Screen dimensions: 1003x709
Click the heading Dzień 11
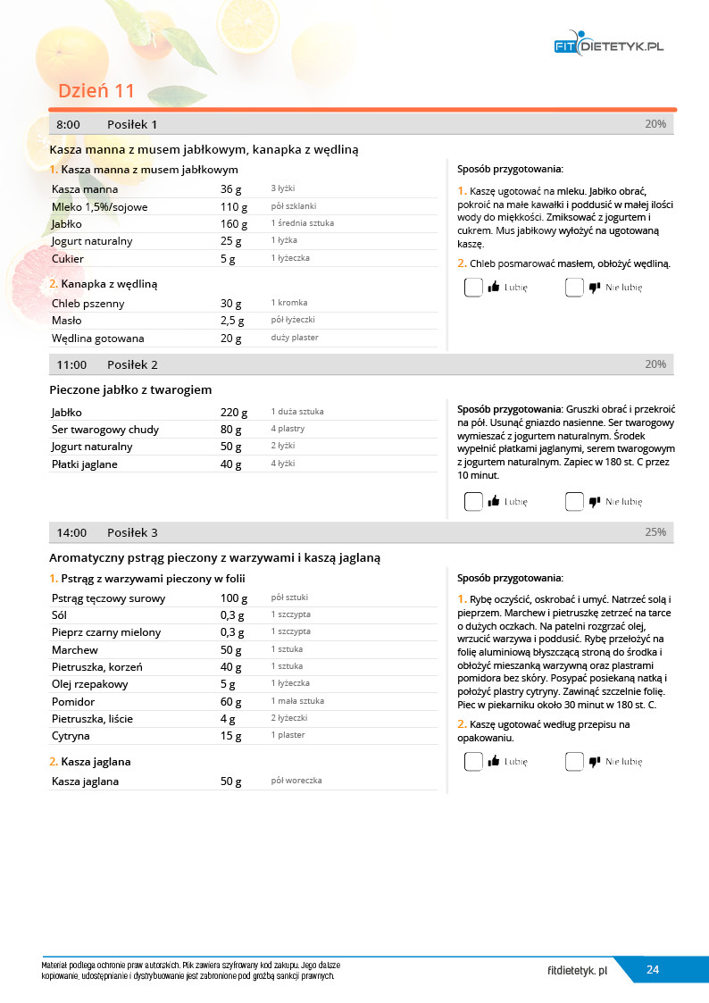(96, 91)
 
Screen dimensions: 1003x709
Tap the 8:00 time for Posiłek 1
(68, 124)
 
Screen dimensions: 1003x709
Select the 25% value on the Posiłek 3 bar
(655, 532)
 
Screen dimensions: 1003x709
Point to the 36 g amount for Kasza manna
(231, 189)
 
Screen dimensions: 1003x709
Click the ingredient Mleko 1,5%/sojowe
(99, 206)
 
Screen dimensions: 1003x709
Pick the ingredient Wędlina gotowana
(97, 339)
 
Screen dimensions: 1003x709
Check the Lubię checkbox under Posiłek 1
(473, 288)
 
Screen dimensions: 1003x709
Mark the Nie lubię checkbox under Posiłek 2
(574, 502)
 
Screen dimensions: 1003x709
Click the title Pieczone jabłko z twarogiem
(130, 389)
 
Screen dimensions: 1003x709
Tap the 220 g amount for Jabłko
(231, 412)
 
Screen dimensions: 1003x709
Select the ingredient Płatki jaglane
(84, 464)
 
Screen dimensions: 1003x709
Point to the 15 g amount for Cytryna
(231, 736)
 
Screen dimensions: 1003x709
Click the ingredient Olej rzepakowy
(89, 684)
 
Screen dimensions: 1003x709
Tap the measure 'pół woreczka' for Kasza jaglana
(296, 781)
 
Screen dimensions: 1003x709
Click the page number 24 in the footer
(653, 970)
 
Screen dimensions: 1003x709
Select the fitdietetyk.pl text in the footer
(578, 970)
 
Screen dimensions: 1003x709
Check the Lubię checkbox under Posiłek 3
(473, 762)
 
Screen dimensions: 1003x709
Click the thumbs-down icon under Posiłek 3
(594, 762)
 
